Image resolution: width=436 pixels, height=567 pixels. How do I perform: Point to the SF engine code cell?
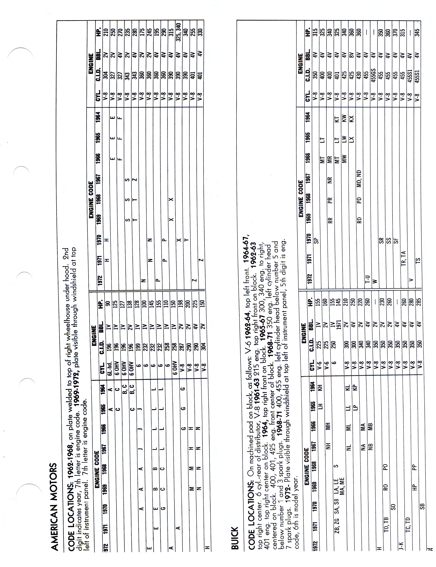click(x=396, y=241)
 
